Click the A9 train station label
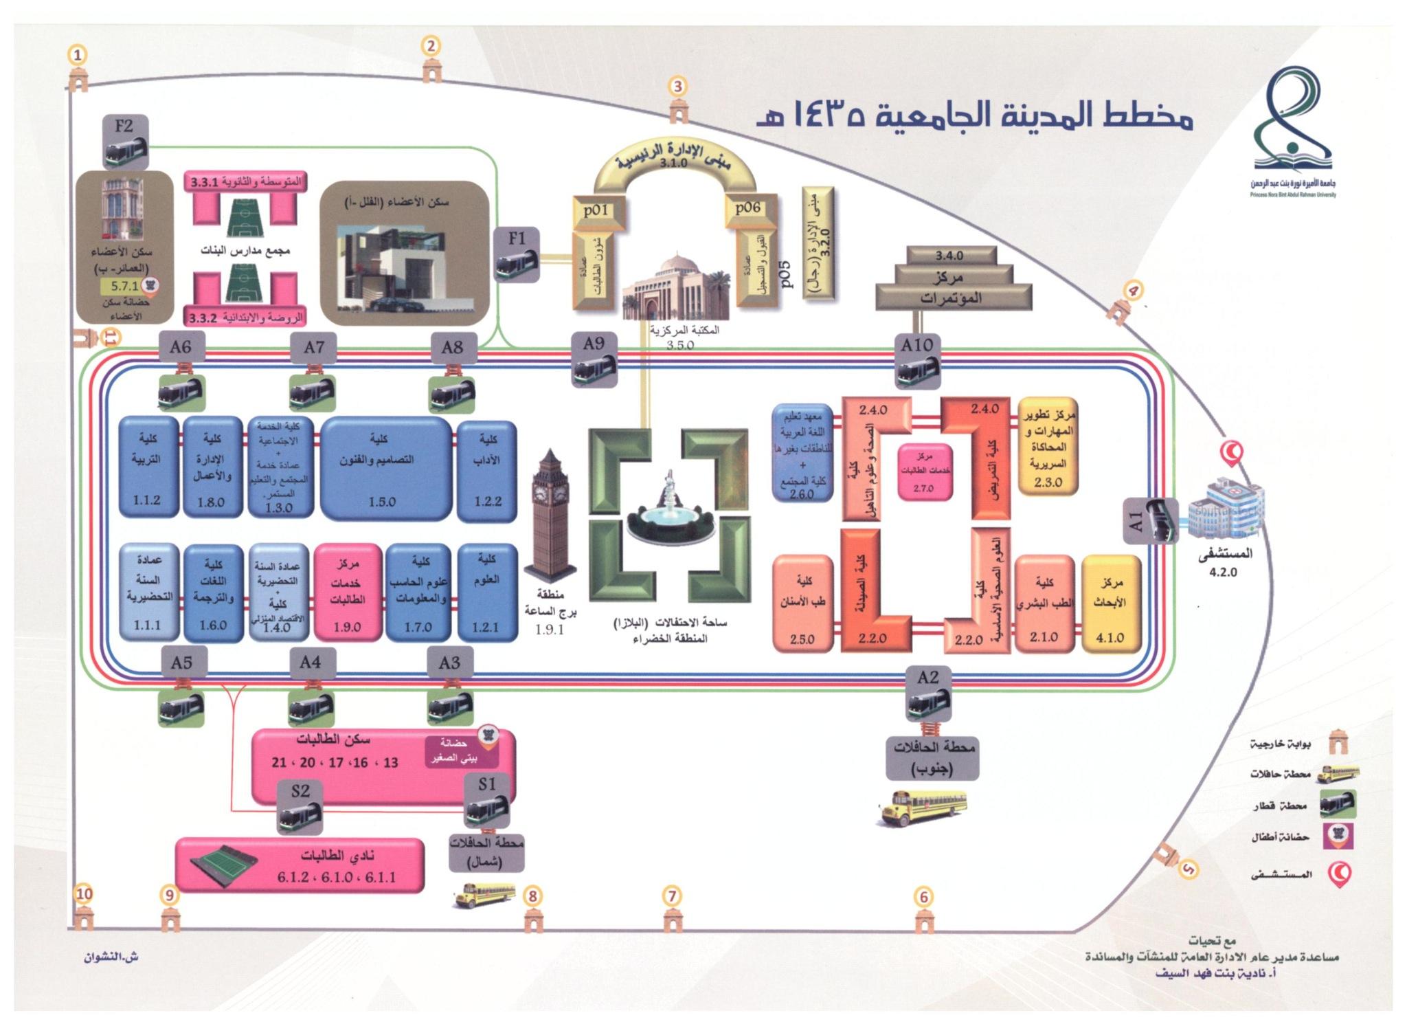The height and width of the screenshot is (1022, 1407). tap(594, 344)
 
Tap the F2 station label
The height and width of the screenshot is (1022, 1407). tap(124, 126)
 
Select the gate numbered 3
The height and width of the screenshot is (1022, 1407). tap(678, 87)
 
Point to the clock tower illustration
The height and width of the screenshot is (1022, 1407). tap(550, 515)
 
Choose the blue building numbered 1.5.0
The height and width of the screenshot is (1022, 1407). tap(385, 467)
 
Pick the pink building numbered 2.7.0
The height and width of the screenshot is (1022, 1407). tap(924, 471)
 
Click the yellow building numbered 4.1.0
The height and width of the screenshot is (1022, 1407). tap(1110, 603)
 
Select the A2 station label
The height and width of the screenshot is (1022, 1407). tap(927, 678)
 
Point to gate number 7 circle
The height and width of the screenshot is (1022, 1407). tap(672, 896)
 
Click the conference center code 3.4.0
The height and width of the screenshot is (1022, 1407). tap(949, 256)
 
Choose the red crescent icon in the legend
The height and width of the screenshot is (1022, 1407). tap(1340, 874)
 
